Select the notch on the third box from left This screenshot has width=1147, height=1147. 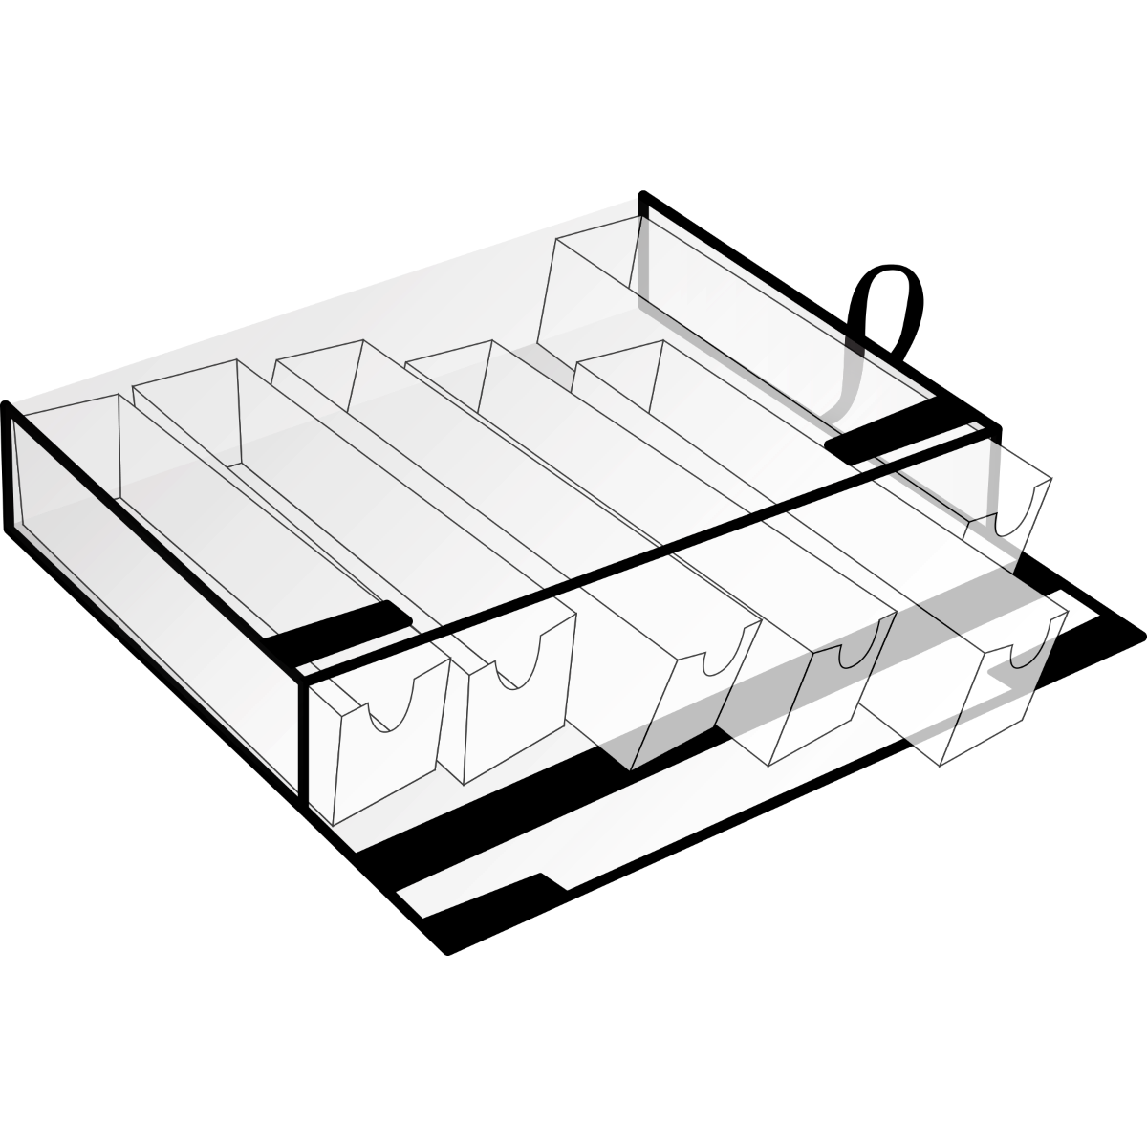click(x=720, y=656)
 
